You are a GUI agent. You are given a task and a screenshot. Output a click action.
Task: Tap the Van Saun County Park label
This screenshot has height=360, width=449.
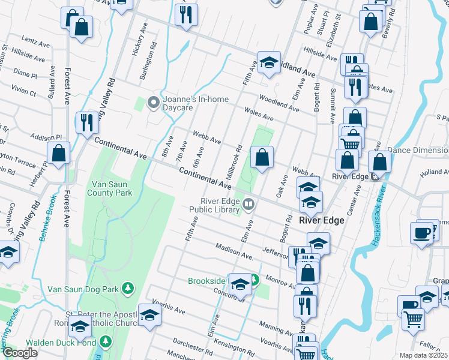(x=112, y=189)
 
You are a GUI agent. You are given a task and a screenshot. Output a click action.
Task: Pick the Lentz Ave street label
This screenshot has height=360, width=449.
(x=35, y=44)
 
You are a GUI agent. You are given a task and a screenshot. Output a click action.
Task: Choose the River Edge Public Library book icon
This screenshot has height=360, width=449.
(x=248, y=206)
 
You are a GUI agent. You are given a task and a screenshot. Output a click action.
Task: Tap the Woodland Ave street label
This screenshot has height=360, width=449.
(x=279, y=103)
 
